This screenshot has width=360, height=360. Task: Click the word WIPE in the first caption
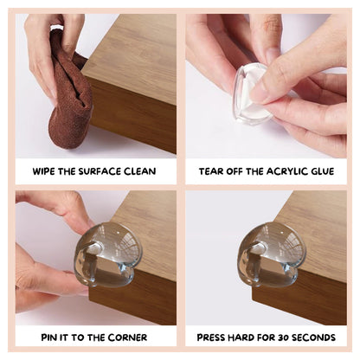44,171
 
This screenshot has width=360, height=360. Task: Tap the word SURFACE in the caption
100,171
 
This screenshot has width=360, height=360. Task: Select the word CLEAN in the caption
140,171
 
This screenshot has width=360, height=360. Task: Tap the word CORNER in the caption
127,337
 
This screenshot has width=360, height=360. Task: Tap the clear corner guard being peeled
252,95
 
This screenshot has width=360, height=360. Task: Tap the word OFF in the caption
235,171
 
